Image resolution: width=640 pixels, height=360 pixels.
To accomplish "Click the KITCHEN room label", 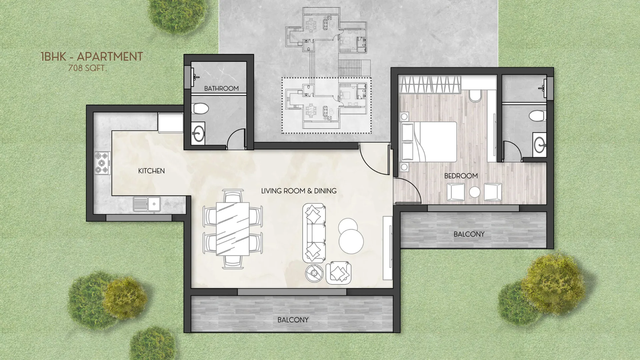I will coord(151,171).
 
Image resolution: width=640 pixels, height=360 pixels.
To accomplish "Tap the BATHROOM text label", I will coord(221,89).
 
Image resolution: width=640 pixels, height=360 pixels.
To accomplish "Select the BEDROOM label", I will coord(461,176).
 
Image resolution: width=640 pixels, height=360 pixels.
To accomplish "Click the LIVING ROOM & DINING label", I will coord(299,191).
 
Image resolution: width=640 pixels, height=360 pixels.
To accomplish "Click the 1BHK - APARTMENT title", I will coord(92,57).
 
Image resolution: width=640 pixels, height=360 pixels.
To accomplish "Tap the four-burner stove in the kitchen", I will coord(102,163).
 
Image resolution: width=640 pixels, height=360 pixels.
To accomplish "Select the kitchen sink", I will coord(147,204).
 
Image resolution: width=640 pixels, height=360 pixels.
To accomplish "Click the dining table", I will coord(233,229).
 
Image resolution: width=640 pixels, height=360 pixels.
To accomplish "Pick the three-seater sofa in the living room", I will coord(314,233).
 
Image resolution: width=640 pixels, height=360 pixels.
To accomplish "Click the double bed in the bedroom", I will coord(429,142).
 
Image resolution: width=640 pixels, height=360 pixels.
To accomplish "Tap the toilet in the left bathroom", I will coord(201,109).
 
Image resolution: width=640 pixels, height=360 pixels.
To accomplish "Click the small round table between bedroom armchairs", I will coord(474,192).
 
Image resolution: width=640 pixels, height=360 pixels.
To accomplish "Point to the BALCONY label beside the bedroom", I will coord(469,234).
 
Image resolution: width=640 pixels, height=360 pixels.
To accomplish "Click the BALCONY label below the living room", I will coord(293,320).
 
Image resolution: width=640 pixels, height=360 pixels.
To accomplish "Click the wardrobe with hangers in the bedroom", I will coord(430,85).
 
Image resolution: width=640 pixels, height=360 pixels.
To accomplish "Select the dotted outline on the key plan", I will coord(326,78).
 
